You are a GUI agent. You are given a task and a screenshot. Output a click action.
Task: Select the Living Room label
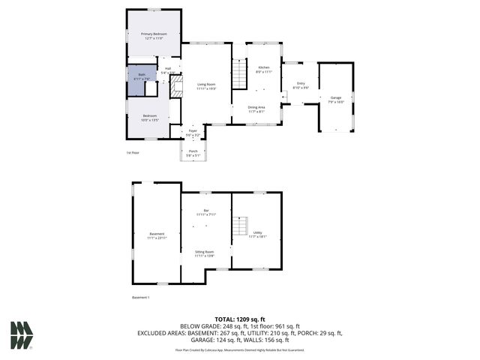pyautogui.click(x=206, y=86)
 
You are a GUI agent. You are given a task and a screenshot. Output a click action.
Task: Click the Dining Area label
pyautogui.click(x=256, y=109)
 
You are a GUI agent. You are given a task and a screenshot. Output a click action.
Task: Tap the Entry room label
pyautogui.click(x=301, y=85)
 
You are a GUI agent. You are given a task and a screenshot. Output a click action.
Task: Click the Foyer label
pyautogui.click(x=193, y=133)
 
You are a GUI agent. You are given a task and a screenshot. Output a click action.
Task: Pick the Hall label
pyautogui.click(x=168, y=70)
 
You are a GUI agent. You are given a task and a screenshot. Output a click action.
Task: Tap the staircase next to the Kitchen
pyautogui.click(x=239, y=76)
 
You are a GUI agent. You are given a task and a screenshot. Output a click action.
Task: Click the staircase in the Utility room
pyautogui.click(x=240, y=226)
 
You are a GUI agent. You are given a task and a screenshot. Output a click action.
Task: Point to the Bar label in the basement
pyautogui.click(x=206, y=211)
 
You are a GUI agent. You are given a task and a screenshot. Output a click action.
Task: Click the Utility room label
pyautogui.click(x=257, y=235)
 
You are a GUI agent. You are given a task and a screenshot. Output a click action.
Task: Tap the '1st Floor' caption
pyautogui.click(x=133, y=153)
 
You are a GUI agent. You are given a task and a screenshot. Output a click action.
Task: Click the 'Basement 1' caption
pyautogui.click(x=141, y=297)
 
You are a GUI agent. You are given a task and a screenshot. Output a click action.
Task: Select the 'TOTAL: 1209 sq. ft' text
pyautogui.click(x=240, y=319)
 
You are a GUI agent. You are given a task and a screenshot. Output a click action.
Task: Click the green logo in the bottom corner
pyautogui.click(x=22, y=334)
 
